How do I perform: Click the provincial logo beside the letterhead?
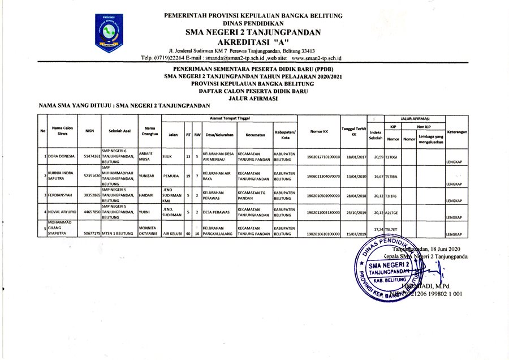click(109, 33)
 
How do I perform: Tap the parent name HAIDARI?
click(146, 195)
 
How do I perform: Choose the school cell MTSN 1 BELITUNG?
click(119, 233)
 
